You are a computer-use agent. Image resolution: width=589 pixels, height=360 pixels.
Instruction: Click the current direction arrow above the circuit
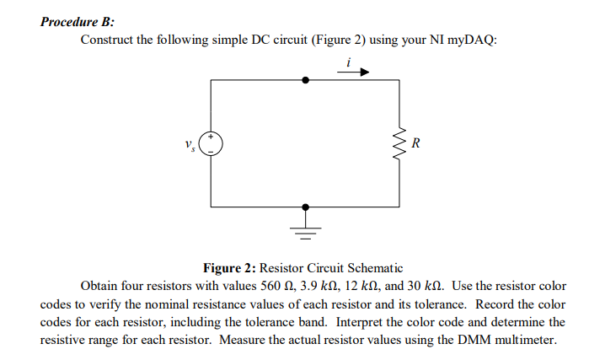click(352, 73)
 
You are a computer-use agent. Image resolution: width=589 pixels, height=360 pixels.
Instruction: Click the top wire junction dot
click(305, 80)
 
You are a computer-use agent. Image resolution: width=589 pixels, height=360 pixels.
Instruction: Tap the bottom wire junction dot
click(305, 207)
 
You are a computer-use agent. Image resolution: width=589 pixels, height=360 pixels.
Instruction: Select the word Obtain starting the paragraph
click(100, 286)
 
